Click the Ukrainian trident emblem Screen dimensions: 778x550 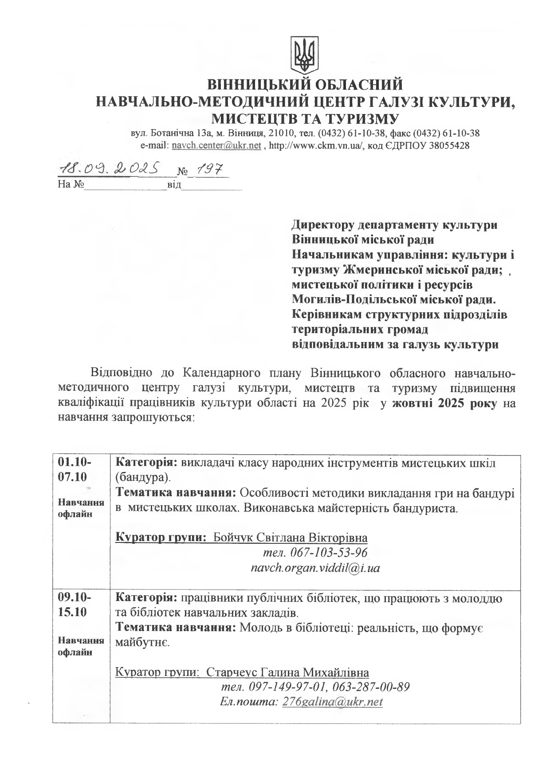(304, 55)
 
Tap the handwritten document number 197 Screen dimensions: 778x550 (210, 169)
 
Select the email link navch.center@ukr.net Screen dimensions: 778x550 (216, 145)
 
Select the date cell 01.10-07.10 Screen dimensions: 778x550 (75, 470)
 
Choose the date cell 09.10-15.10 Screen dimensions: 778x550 (75, 605)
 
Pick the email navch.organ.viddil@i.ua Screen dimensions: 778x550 (315, 568)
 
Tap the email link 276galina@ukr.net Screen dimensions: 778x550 (332, 702)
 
